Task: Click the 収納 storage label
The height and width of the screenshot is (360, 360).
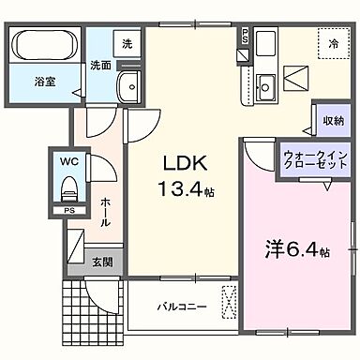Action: (328, 120)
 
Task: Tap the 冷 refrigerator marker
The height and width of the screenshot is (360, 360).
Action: (332, 43)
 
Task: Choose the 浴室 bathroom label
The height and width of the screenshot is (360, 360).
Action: (45, 82)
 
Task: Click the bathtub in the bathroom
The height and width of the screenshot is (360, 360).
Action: (47, 45)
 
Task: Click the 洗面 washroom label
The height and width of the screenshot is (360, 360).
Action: (101, 66)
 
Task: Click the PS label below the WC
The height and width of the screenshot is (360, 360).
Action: (68, 209)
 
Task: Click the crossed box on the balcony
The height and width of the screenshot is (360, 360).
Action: (228, 303)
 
